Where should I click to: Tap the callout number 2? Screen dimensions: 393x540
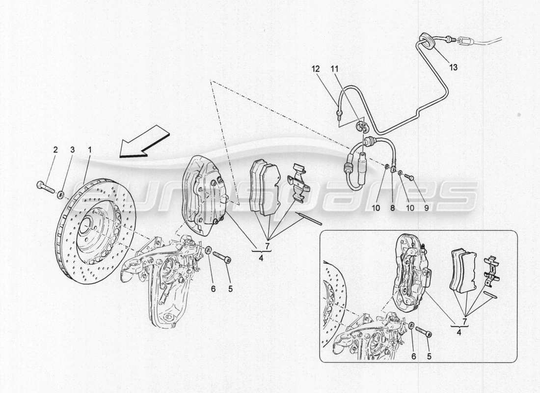click(x=55, y=149)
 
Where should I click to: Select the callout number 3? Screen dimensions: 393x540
click(x=72, y=149)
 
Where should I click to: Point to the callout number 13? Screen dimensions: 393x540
click(x=453, y=68)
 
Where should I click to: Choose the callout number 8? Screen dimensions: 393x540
click(x=393, y=208)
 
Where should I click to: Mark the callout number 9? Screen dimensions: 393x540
click(x=426, y=208)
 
